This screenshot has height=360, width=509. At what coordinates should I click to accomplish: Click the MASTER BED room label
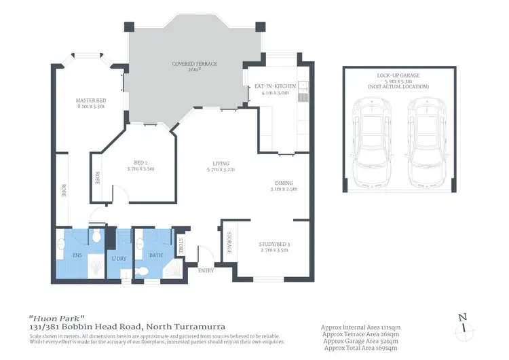(x=90, y=100)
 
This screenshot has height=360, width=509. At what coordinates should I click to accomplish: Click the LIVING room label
(x=220, y=164)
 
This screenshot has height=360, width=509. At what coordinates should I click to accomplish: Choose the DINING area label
(x=284, y=182)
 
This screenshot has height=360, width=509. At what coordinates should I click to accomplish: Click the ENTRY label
(x=206, y=270)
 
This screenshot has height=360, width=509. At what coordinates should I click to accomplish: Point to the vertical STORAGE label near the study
(x=229, y=242)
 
